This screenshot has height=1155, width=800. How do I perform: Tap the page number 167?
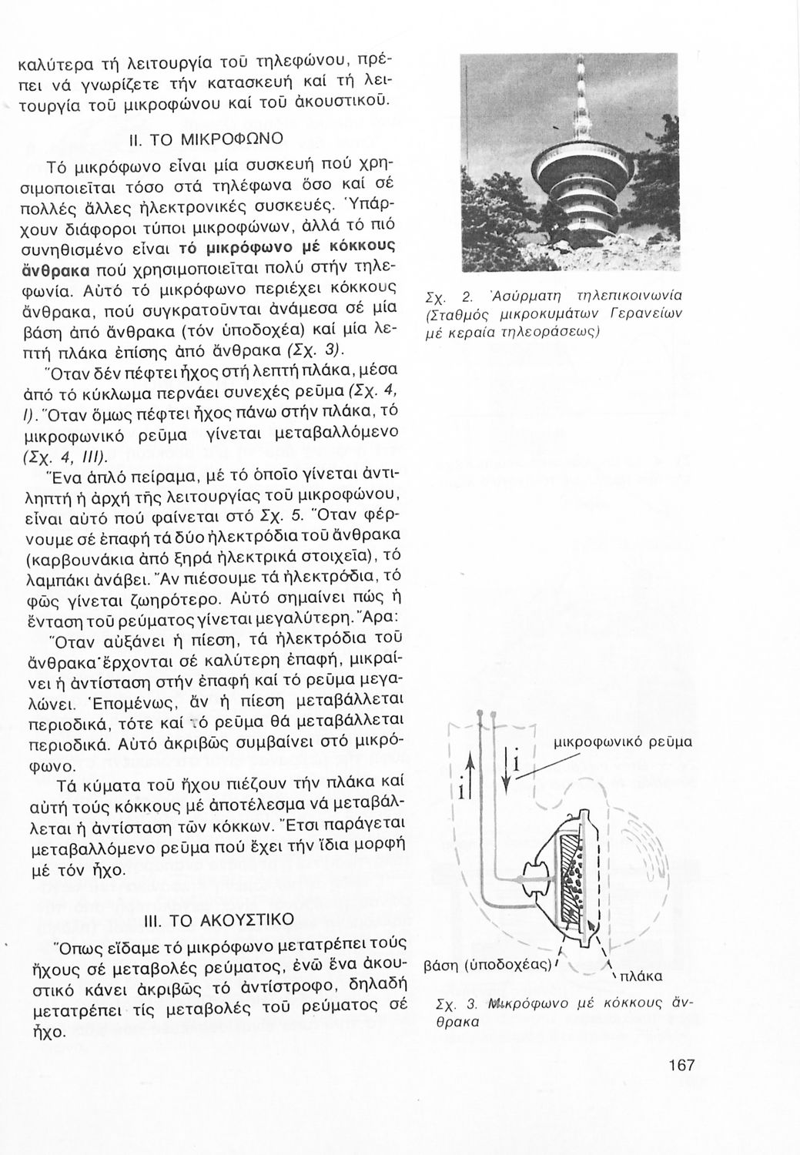[x=681, y=1066]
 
